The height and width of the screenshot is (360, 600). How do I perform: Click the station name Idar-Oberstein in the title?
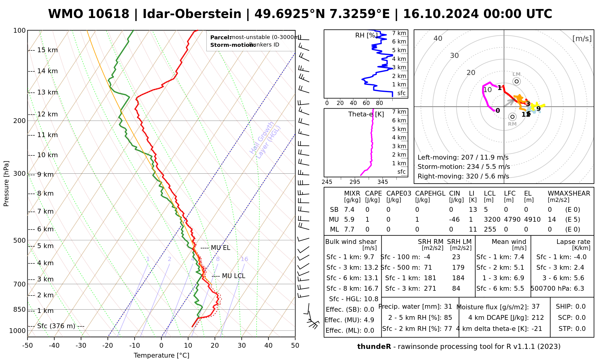pos(192,14)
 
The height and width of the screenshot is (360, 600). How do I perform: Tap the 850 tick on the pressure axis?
pos(20,309)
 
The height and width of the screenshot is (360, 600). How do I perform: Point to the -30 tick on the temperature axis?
pos(81,346)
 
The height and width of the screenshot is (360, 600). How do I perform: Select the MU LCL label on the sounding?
pos(233,276)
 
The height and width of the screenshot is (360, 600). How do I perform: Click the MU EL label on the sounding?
pos(220,248)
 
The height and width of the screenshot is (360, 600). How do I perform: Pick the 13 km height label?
pos(47,92)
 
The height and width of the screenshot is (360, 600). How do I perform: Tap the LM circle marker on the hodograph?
pos(516,81)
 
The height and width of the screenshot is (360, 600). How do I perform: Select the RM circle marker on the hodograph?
pos(512,117)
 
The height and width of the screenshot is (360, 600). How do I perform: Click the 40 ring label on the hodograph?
pos(438,38)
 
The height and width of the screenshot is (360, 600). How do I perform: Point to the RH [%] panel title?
pos(366,35)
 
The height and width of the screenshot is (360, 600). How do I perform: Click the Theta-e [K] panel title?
pos(366,114)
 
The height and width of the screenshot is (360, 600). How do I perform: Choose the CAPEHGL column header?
pos(430,193)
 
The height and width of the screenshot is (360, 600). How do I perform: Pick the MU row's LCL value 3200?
pos(492,220)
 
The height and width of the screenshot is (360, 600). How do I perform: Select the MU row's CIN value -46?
pos(454,220)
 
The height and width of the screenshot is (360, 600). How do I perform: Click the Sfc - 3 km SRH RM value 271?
pos(430,289)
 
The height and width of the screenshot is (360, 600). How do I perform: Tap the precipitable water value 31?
pos(448,307)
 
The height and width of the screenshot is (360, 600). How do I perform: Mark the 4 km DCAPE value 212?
pos(538,318)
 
